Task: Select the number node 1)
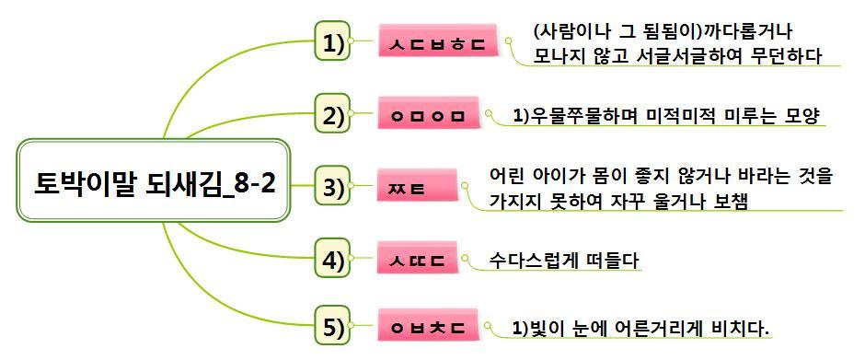(333, 42)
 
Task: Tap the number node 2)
(333, 116)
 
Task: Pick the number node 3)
(333, 187)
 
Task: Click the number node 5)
(333, 327)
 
